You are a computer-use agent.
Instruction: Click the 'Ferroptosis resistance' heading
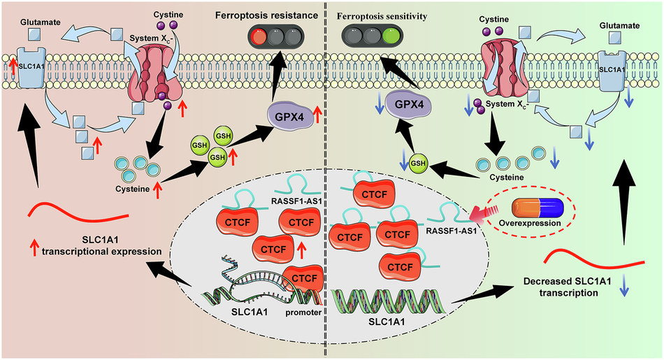pyautogui.click(x=266, y=15)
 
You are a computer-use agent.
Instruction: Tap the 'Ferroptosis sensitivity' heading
pyautogui.click(x=382, y=17)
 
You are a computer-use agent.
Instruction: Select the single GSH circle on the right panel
pyautogui.click(x=418, y=164)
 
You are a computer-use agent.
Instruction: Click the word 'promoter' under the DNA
pyautogui.click(x=303, y=312)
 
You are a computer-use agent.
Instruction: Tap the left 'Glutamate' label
pyautogui.click(x=41, y=22)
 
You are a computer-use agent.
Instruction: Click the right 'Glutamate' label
pyautogui.click(x=619, y=25)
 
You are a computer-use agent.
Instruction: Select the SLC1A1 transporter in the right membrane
pyautogui.click(x=612, y=71)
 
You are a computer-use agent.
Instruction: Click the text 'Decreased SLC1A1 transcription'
pyautogui.click(x=567, y=287)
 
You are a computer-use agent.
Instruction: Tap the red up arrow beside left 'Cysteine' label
pyautogui.click(x=157, y=189)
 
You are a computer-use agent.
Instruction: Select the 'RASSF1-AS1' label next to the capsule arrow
pyautogui.click(x=452, y=231)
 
